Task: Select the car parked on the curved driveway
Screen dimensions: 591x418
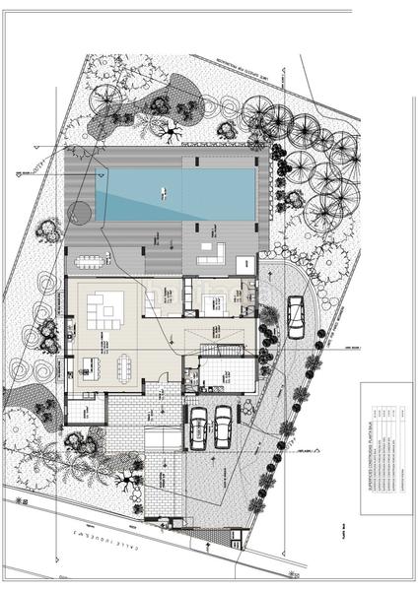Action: pos(294,316)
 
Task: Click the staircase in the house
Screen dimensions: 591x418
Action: pos(219,351)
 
